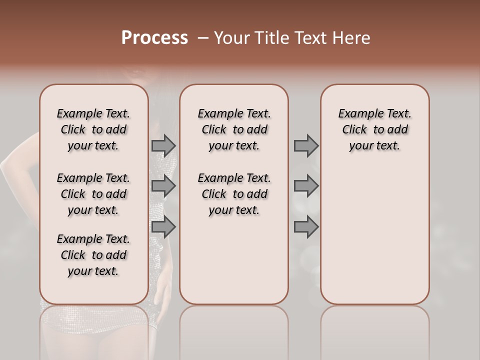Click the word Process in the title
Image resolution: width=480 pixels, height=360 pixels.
point(154,38)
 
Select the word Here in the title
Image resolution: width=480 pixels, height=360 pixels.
point(351,38)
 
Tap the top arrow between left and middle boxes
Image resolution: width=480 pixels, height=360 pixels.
point(163,145)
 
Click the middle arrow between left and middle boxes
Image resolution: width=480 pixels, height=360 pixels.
point(163,186)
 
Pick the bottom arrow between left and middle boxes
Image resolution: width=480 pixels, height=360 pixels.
point(163,227)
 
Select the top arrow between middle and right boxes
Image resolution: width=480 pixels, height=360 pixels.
point(306,145)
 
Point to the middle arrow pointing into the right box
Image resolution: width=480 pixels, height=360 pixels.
point(306,186)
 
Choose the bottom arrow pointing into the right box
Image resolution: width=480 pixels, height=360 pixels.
point(306,227)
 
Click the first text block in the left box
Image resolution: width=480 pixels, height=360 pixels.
point(93,129)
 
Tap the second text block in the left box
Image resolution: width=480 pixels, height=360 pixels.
point(93,194)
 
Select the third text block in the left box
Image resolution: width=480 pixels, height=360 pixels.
point(93,255)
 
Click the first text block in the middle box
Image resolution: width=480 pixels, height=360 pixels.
point(234,129)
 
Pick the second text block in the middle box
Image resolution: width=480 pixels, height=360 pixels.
point(234,194)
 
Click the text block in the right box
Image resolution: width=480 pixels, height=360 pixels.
point(374,129)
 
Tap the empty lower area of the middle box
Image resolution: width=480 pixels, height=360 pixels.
point(234,260)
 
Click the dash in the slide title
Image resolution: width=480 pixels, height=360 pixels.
point(203,38)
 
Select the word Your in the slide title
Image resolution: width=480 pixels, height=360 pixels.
point(231,38)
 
